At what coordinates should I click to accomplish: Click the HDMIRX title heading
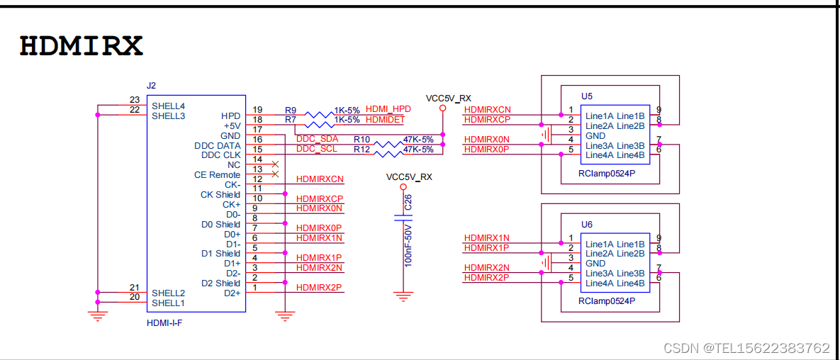[81, 46]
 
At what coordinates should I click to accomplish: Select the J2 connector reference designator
[151, 86]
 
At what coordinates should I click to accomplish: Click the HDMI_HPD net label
[388, 109]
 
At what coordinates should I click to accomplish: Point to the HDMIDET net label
[386, 119]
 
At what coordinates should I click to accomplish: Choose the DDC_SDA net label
[317, 139]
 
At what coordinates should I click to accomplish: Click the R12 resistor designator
[362, 150]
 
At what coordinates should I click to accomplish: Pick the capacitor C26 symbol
[403, 220]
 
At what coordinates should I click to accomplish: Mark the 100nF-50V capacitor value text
[408, 244]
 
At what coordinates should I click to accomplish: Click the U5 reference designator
[586, 96]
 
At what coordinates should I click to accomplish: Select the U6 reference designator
[586, 224]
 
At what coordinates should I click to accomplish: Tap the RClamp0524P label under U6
[607, 301]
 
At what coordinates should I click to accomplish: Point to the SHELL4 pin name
[168, 106]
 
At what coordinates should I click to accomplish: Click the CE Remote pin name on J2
[217, 175]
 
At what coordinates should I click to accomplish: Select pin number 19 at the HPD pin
[257, 110]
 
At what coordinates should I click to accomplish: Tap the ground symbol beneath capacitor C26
[403, 297]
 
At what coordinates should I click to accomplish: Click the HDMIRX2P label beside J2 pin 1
[319, 288]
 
